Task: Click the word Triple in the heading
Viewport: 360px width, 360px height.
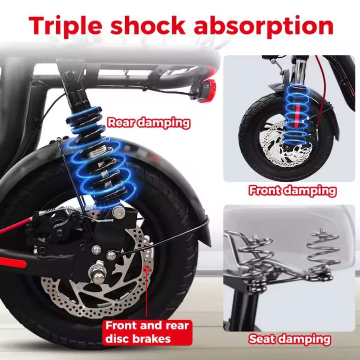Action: (x=65, y=25)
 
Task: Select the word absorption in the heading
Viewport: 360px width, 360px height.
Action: (x=264, y=25)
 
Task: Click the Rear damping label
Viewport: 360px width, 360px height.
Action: (x=149, y=123)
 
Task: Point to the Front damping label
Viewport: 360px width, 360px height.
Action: (x=292, y=191)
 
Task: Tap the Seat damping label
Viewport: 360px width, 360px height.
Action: (x=290, y=339)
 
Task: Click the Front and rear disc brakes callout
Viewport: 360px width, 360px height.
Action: (x=147, y=332)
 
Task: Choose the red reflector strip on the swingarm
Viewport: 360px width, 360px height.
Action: (x=13, y=264)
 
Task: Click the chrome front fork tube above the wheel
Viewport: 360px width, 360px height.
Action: (x=299, y=71)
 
